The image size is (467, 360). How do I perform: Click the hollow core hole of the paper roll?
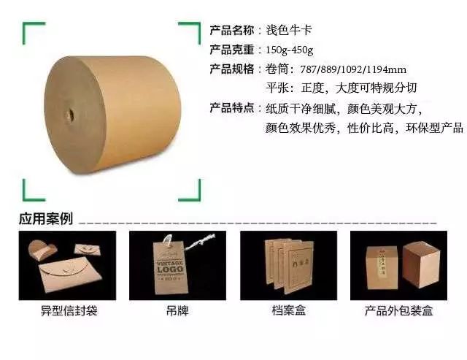72,115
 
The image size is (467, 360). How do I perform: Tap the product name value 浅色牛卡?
289,30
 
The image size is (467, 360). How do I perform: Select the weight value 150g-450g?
289,50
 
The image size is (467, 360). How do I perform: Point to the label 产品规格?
232,69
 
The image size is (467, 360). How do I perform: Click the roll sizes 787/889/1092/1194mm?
353,69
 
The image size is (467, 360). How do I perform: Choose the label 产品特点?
232,107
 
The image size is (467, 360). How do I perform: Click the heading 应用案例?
45,218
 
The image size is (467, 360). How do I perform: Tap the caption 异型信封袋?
69,311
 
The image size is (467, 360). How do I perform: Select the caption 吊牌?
177,311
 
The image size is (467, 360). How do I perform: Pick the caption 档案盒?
289,310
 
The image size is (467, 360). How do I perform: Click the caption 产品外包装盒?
398,311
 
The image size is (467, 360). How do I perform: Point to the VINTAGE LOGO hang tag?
170,267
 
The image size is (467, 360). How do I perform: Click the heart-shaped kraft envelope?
42,249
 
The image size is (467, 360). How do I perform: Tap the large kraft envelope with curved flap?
70,274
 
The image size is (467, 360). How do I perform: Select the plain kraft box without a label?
421,264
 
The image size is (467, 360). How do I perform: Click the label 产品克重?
232,50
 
